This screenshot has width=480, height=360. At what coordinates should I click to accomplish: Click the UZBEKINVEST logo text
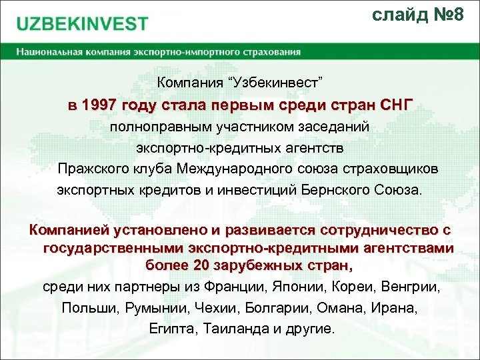[83, 24]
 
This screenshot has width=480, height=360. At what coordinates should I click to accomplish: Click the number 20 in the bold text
[200, 265]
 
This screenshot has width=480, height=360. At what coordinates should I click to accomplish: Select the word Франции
[241, 287]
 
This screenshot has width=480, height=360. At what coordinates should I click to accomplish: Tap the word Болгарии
[271, 309]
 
